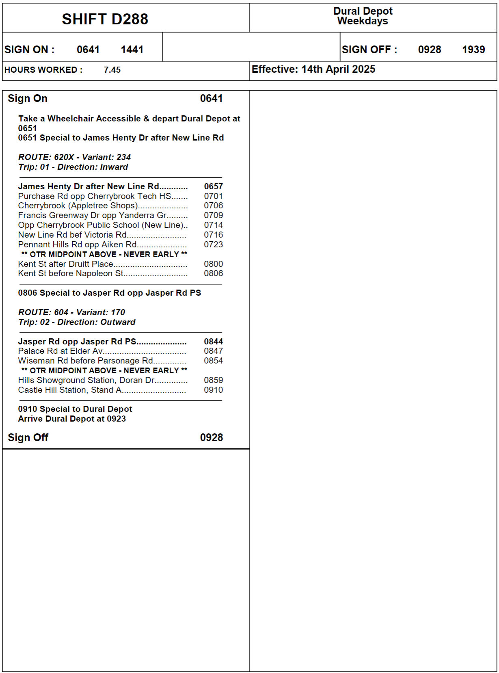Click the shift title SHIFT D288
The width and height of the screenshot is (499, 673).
click(x=105, y=19)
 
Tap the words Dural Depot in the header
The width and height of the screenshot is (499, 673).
click(x=363, y=11)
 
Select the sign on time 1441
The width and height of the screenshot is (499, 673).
click(x=132, y=50)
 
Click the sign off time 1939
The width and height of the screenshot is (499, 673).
click(x=473, y=50)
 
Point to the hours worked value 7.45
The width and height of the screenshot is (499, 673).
click(x=112, y=70)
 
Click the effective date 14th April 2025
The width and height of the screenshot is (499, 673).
click(x=338, y=69)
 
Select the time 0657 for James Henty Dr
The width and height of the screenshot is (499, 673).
click(x=213, y=186)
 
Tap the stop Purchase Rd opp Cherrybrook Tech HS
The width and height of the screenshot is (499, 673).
click(x=94, y=196)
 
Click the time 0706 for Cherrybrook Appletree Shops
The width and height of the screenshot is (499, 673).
click(x=213, y=206)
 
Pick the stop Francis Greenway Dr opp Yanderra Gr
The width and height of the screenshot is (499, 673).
click(x=92, y=215)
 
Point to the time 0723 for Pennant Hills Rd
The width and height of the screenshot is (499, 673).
click(x=213, y=245)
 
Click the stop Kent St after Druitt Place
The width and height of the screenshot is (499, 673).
click(x=65, y=264)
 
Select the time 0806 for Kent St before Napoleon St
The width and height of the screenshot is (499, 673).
click(x=213, y=273)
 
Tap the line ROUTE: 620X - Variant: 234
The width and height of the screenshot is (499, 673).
click(x=74, y=157)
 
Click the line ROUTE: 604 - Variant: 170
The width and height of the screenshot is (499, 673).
click(x=71, y=312)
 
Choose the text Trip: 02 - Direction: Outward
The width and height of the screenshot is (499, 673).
click(x=77, y=322)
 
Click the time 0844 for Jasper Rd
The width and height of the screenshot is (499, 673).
click(x=213, y=342)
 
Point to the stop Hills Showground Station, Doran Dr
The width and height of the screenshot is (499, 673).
click(x=86, y=380)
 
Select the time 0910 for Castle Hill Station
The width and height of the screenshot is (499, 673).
click(x=213, y=390)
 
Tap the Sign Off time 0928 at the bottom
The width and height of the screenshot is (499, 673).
click(x=211, y=437)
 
